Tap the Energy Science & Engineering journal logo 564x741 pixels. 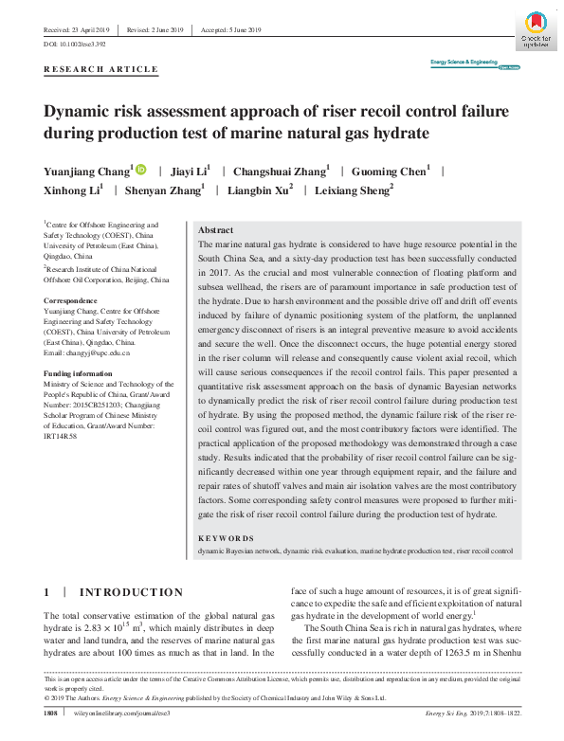464,64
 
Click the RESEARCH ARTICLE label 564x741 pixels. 101,69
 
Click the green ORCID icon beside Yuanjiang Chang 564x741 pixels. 141,170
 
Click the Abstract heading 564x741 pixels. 217,230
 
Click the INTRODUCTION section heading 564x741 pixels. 131,592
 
